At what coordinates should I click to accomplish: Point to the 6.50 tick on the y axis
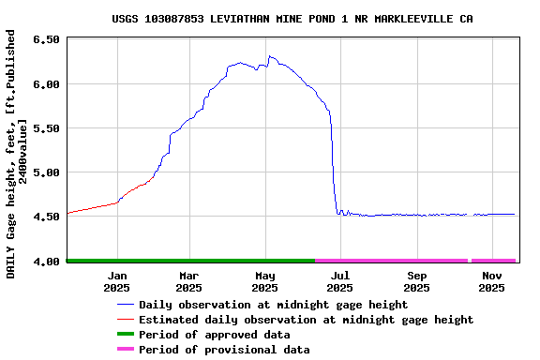(47, 40)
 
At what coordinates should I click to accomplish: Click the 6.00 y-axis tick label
(47, 84)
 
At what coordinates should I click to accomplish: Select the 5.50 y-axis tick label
(47, 128)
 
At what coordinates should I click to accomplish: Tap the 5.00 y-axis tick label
(47, 172)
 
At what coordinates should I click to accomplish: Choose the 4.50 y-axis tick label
(47, 217)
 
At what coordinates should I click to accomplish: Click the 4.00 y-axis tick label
(47, 261)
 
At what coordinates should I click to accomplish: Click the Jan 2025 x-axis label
(117, 281)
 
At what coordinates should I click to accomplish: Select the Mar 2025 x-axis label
(190, 281)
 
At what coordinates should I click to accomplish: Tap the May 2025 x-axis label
(265, 281)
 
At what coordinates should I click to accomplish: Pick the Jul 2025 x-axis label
(340, 281)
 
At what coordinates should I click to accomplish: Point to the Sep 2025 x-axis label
(417, 281)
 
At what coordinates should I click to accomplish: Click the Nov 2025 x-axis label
(492, 281)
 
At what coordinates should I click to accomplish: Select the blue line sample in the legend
(126, 305)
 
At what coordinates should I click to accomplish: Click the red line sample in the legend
(126, 320)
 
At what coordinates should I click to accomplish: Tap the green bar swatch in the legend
(126, 335)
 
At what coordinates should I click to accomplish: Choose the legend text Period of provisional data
(224, 350)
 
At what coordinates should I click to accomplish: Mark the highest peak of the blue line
(270, 56)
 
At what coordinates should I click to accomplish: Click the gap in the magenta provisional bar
(469, 260)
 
